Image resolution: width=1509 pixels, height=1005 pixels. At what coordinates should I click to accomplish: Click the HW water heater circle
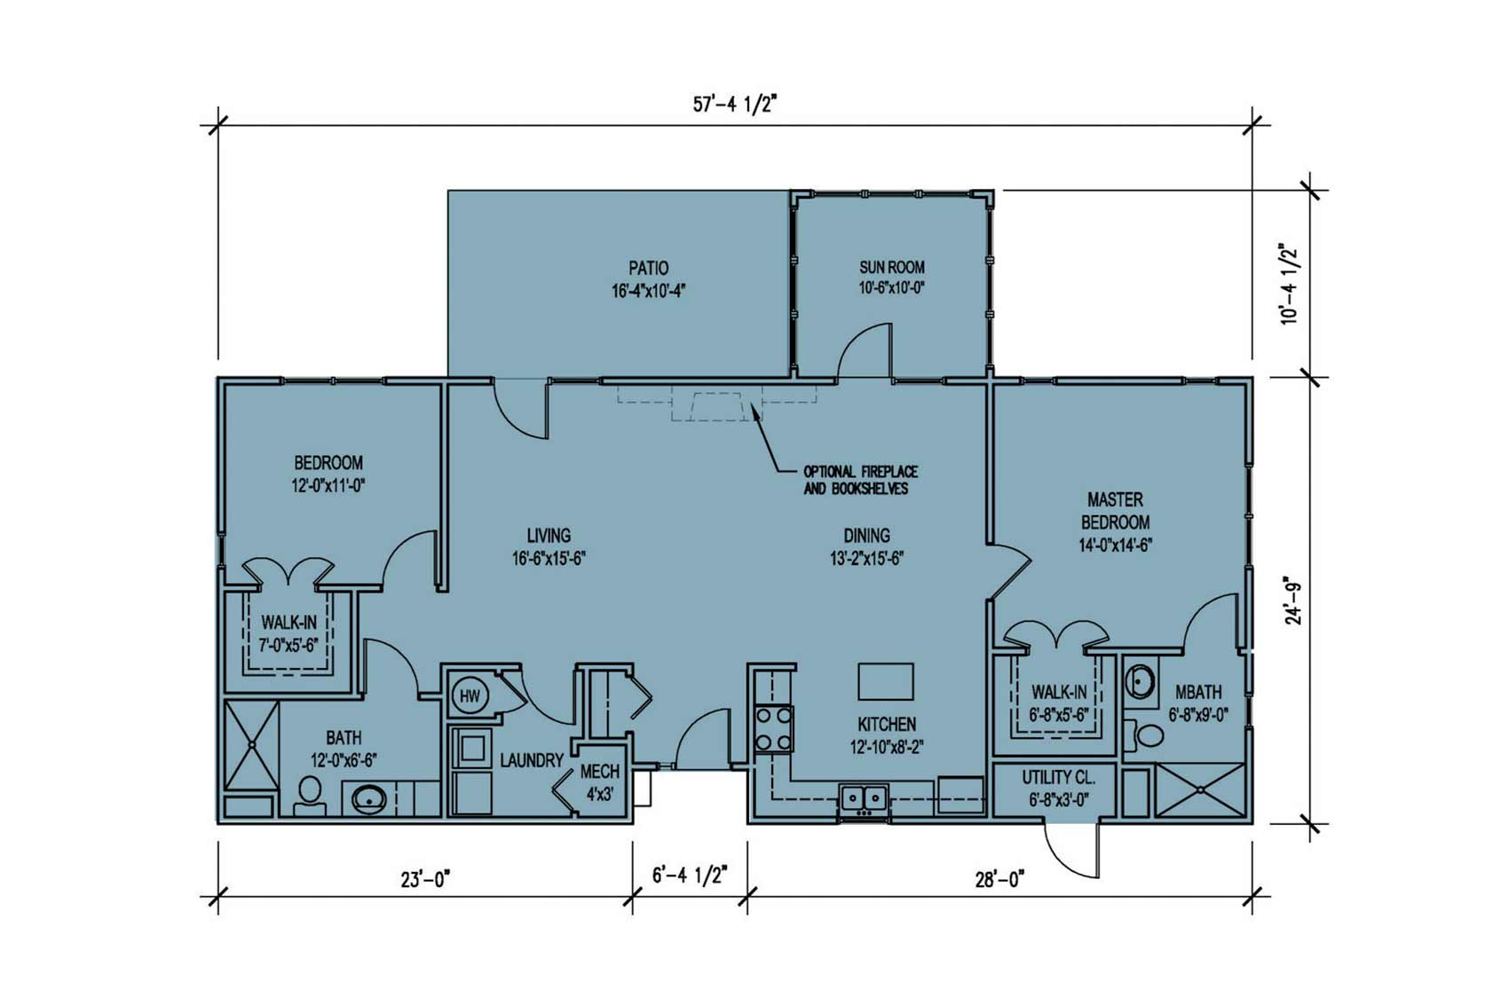click(470, 696)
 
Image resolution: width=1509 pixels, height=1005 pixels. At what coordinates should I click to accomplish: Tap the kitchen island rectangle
click(886, 681)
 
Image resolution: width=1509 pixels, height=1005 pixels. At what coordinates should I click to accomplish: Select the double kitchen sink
click(864, 797)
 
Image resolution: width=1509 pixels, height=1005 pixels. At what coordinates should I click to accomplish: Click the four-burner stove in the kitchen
click(773, 728)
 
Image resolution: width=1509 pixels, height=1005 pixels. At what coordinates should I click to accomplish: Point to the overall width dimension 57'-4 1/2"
click(736, 105)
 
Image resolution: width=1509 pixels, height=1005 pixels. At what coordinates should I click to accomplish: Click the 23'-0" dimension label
click(425, 879)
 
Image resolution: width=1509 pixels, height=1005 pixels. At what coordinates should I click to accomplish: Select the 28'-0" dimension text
click(999, 879)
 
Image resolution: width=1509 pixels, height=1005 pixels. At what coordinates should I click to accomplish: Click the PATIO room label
click(649, 268)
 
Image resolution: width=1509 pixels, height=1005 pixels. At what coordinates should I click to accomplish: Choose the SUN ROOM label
click(892, 267)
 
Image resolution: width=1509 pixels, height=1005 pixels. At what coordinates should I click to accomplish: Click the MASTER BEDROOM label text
click(1115, 511)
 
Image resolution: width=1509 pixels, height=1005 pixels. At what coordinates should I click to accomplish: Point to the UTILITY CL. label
click(1058, 778)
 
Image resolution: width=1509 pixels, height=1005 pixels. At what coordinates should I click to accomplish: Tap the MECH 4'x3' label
click(599, 782)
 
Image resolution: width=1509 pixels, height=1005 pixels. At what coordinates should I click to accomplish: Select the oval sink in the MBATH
click(1140, 682)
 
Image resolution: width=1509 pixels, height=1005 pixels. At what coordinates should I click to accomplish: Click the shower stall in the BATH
click(250, 744)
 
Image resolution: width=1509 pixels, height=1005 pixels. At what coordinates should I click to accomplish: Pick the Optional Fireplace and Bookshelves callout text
click(860, 480)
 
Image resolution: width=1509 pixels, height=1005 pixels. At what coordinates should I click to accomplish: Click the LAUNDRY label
click(532, 761)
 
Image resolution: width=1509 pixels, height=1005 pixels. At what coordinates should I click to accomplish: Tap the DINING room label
click(866, 536)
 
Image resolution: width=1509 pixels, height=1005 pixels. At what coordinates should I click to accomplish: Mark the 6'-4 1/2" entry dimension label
click(690, 875)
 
